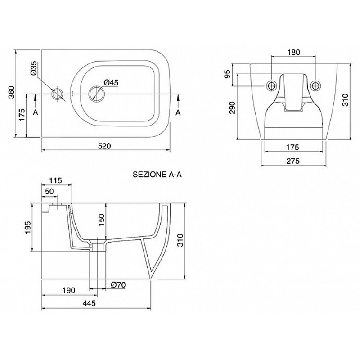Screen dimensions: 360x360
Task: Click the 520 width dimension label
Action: (104, 146)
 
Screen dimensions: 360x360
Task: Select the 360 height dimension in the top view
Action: (12, 92)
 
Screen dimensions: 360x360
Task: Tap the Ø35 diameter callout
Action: (33, 68)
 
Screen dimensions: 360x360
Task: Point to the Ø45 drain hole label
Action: (111, 82)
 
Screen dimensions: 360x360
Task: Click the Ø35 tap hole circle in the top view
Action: (57, 94)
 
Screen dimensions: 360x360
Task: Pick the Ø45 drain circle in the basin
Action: (96, 94)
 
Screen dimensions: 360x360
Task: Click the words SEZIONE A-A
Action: (157, 175)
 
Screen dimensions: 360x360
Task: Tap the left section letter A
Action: (36, 112)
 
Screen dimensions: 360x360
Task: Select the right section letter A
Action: (178, 112)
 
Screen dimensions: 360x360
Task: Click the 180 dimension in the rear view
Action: (294, 52)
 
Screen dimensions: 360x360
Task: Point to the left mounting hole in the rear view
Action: (272, 85)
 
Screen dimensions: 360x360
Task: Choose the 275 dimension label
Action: (293, 161)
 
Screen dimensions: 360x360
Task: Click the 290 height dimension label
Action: (232, 108)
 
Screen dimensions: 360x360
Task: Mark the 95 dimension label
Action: (227, 74)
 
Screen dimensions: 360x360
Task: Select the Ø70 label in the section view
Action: (118, 285)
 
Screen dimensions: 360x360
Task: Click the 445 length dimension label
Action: (89, 303)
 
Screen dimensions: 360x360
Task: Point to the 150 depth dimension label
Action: (102, 220)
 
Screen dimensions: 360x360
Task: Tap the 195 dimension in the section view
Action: (27, 228)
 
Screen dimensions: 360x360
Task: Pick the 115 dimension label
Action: (56, 181)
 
